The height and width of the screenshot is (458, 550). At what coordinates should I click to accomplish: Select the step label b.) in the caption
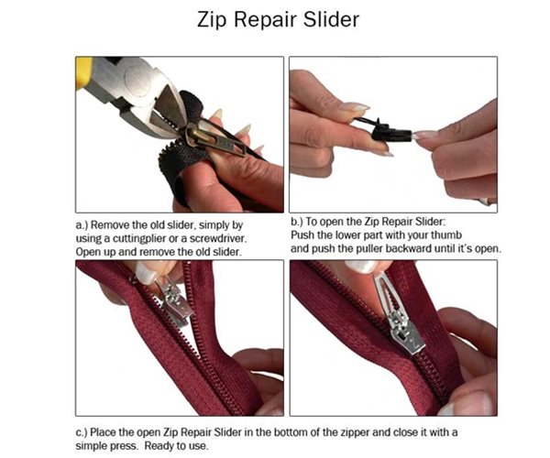tap(298, 224)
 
